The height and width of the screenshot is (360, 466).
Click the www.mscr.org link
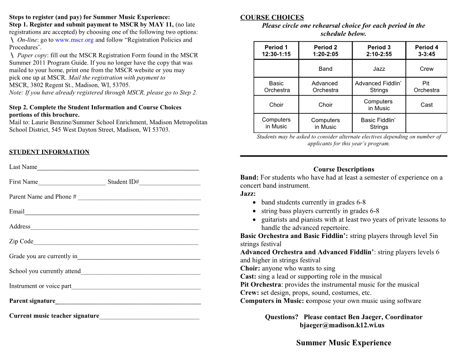coord(74,40)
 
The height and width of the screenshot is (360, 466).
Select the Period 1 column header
coord(276,50)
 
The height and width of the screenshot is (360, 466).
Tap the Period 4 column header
coord(426,50)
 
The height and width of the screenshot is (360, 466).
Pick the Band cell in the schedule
coord(325,69)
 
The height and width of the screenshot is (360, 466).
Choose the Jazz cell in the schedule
coord(379,69)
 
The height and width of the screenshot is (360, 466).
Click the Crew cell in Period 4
coord(426,69)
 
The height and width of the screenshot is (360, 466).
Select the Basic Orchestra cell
coord(276,87)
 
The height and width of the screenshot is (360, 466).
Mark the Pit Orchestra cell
coord(426,87)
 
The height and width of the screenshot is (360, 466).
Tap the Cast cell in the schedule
coord(426,105)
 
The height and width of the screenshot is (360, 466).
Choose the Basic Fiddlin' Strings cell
coord(378,123)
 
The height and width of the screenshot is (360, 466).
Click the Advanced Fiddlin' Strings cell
coord(378,87)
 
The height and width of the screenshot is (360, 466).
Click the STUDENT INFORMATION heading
coord(49,152)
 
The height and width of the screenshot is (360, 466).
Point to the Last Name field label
coord(23,167)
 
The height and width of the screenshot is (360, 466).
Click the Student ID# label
coord(123,182)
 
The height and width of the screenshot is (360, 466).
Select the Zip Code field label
coord(21,241)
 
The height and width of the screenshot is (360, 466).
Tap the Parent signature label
coord(32,301)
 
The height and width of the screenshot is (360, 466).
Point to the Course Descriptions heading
coord(344,169)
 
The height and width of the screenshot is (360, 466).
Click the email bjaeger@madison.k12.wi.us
coord(342,325)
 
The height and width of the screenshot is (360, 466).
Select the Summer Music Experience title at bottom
coord(344,343)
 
